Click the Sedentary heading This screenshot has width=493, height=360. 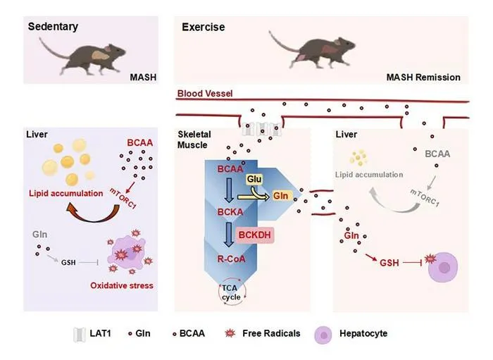(x=53, y=27)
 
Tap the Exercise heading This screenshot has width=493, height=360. (x=203, y=27)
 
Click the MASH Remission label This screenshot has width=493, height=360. (x=423, y=77)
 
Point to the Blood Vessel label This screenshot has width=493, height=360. (x=205, y=94)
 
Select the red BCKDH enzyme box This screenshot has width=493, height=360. (x=255, y=235)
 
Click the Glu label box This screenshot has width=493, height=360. (x=254, y=179)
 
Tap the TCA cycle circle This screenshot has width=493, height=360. (x=232, y=292)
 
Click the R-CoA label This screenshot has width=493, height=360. (x=231, y=259)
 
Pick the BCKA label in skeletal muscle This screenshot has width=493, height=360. (x=230, y=212)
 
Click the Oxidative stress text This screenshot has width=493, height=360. (x=122, y=285)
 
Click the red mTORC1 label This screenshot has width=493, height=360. (x=123, y=198)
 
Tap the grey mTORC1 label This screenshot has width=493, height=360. (x=425, y=197)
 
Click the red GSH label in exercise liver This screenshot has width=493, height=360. (x=389, y=263)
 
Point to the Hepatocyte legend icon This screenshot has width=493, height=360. (x=323, y=335)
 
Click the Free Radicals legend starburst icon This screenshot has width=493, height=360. (x=230, y=333)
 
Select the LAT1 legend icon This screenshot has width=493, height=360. (x=79, y=335)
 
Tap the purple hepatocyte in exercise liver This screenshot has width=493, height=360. (x=443, y=267)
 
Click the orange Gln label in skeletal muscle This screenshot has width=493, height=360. (x=280, y=196)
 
